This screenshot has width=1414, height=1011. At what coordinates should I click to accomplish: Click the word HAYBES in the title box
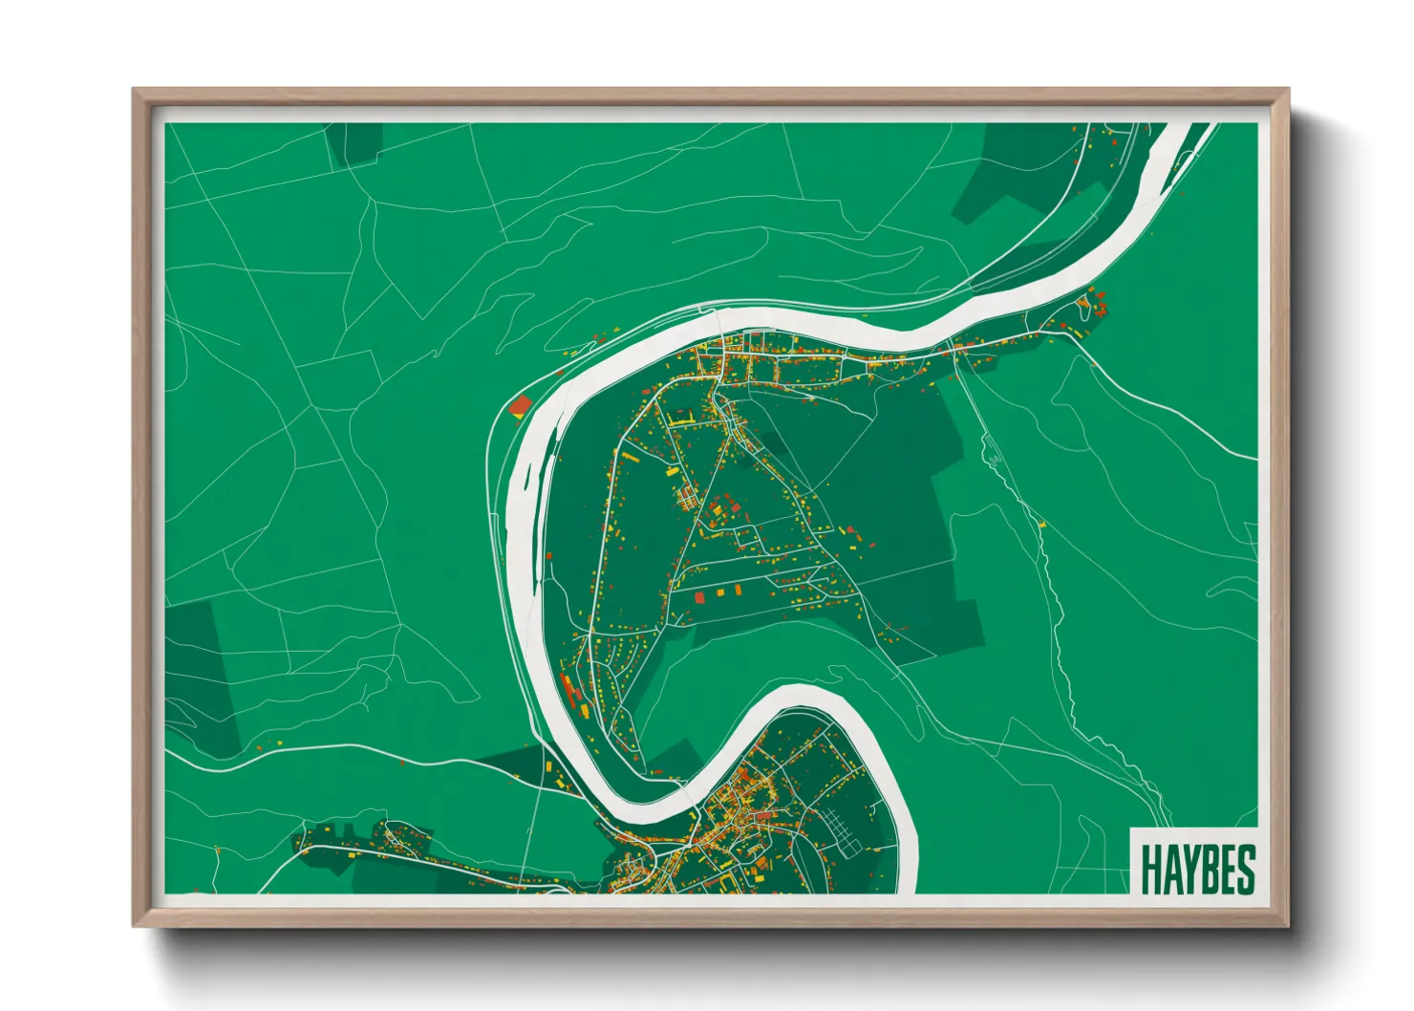(1197, 870)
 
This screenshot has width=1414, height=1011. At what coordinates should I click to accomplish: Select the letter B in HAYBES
(1209, 870)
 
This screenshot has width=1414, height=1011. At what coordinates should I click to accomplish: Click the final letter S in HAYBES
(1245, 870)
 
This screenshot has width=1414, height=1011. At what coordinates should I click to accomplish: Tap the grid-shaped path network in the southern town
(838, 828)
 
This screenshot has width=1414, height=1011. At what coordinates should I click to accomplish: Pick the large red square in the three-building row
(698, 597)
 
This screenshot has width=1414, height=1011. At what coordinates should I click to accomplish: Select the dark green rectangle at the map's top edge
(353, 140)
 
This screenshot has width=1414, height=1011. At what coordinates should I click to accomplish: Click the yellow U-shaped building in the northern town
(681, 418)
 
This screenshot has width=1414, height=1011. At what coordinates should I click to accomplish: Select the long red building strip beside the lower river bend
(572, 691)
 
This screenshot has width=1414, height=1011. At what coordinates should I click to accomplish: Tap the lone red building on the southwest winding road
(401, 763)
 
